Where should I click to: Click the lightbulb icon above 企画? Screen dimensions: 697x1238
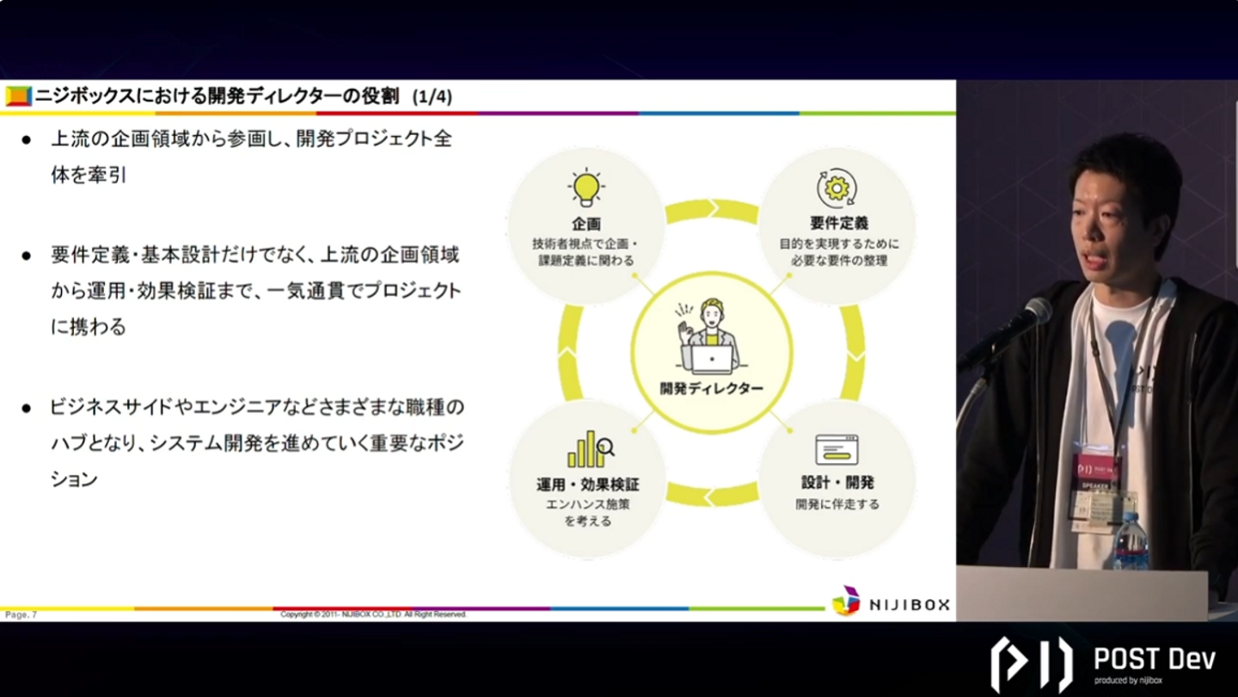coord(585,188)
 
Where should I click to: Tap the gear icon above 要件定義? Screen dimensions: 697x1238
coord(837,187)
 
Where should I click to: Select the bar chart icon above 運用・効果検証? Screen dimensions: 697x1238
coord(590,449)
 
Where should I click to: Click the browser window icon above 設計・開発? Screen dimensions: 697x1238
coord(837,449)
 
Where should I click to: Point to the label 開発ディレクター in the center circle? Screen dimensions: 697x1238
coord(711,388)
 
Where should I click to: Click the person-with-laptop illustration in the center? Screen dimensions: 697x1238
coord(709,336)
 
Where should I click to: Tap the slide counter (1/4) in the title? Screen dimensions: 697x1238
coord(432,96)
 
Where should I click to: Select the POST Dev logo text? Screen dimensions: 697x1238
coord(1153,660)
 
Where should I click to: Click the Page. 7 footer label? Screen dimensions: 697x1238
coord(21,614)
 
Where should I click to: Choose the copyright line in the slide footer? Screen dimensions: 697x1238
coord(373,614)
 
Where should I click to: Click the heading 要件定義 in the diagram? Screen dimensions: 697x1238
coord(838,224)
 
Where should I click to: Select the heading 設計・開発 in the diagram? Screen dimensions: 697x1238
coord(836,483)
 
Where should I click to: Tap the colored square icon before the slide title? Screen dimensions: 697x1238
coord(18,96)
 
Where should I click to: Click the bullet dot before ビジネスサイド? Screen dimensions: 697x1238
coord(27,408)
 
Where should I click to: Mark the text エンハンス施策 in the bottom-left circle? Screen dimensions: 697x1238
coord(588,504)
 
